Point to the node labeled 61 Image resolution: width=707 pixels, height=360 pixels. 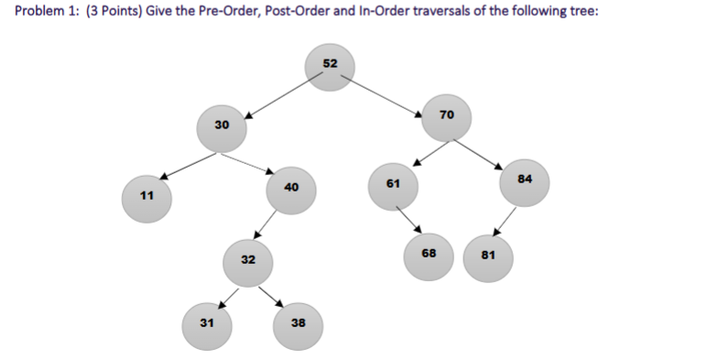[x=393, y=185]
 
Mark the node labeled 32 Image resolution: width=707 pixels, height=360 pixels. [x=248, y=262]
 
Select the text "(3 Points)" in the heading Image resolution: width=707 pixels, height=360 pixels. [x=115, y=16]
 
